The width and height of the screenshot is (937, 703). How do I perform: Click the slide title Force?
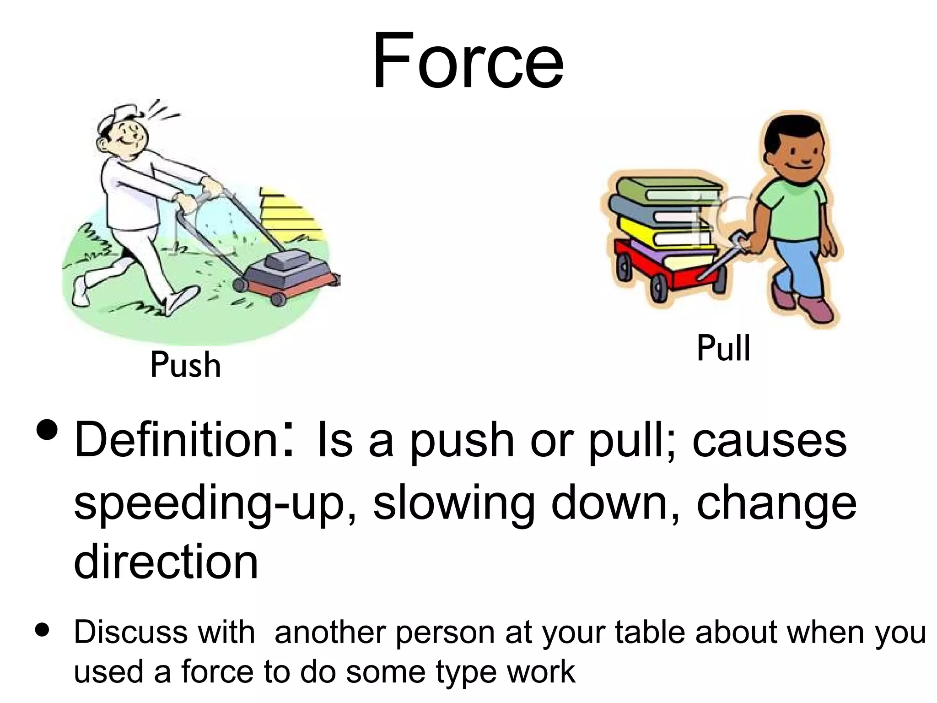[468, 61]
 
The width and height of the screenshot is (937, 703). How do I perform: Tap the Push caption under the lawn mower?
[185, 365]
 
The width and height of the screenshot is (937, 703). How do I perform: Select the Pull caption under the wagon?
[723, 348]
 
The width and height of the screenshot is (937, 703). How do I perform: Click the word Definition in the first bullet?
[177, 440]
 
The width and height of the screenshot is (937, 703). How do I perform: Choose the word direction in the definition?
[166, 562]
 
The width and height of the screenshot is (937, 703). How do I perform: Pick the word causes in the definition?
[770, 440]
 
